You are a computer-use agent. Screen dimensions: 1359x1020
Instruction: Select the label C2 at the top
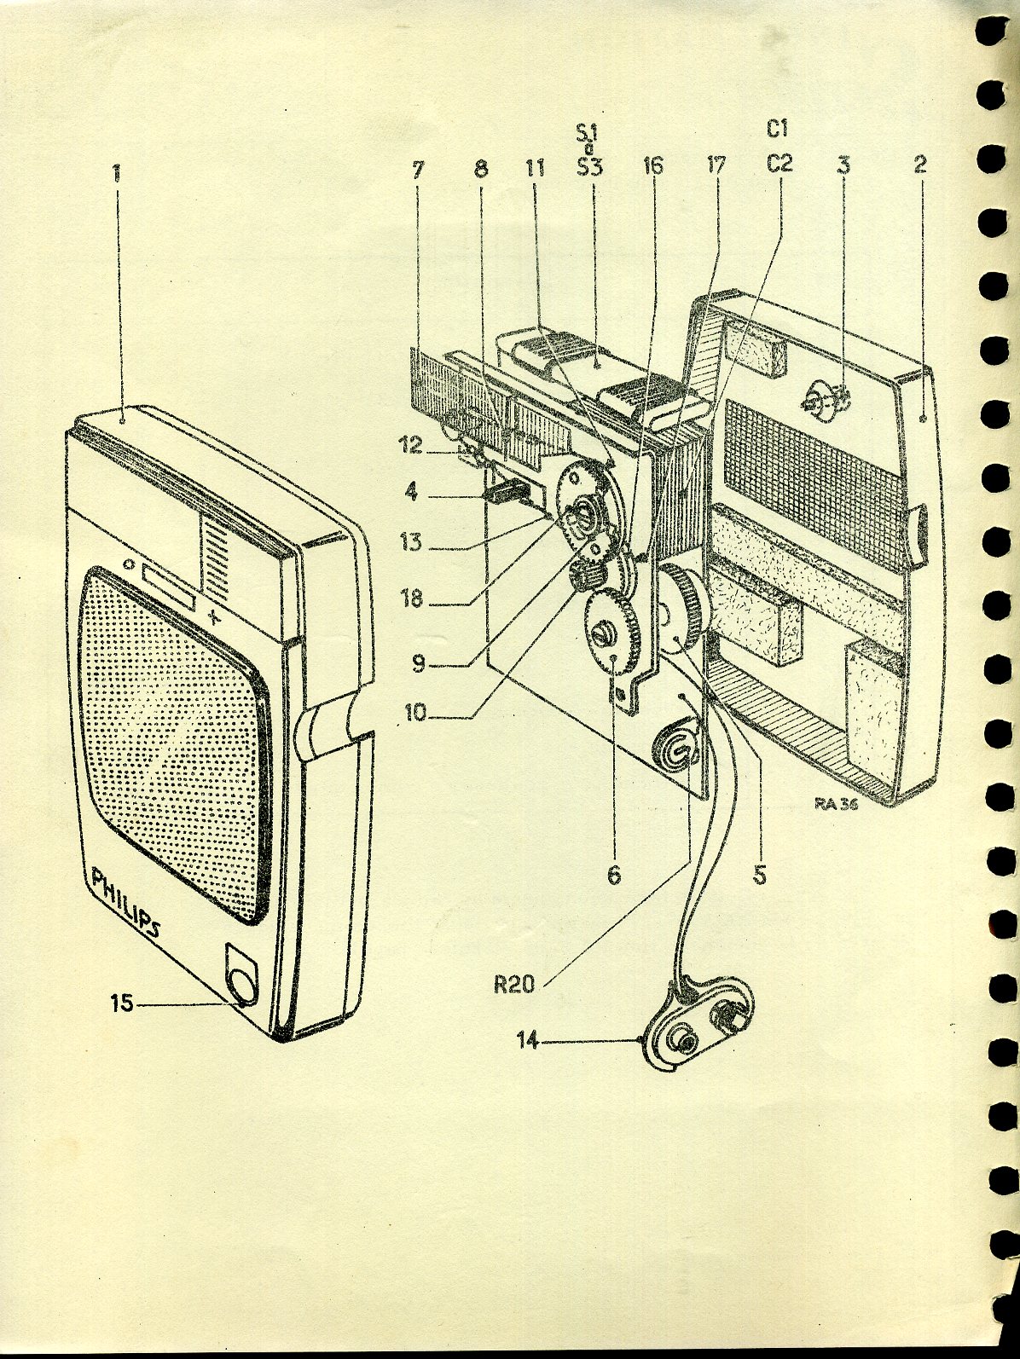779,164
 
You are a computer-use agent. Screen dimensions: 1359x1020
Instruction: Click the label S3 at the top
588,165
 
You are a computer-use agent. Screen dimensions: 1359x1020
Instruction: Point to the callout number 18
412,599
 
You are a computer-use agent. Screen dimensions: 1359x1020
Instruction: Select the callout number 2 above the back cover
919,165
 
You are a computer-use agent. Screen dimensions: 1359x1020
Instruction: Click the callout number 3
843,165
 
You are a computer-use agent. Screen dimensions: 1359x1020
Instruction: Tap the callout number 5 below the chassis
760,874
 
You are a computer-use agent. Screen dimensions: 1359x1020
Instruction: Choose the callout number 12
412,445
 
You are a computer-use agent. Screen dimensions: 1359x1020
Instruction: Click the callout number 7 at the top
417,168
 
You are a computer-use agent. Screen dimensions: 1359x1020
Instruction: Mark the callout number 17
716,165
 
